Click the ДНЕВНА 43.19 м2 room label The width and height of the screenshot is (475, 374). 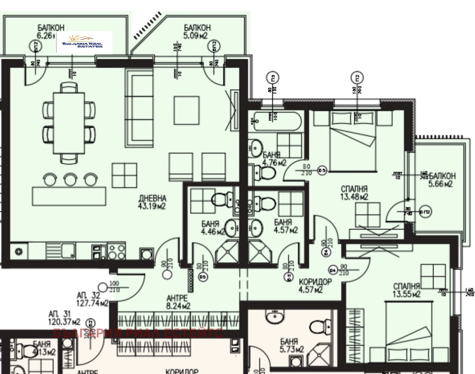153,202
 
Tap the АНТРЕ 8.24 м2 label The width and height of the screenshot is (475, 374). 178,301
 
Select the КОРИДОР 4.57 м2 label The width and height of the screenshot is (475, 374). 315,286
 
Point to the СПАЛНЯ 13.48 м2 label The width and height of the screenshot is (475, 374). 354,193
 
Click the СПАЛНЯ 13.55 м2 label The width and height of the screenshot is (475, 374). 406,290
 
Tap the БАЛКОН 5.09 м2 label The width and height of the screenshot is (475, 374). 197,31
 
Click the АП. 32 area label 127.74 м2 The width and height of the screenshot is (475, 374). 92,299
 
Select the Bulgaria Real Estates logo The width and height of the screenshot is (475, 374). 84,42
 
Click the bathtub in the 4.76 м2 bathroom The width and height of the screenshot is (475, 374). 276,121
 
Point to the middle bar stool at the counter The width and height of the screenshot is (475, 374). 70,178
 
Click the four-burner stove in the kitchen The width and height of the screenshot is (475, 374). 117,251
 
